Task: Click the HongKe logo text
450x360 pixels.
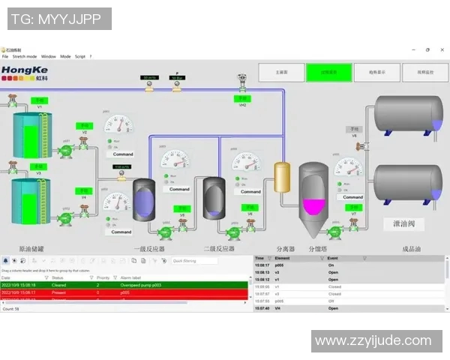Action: pos(19,70)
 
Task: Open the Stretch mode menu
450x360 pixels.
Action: pos(25,56)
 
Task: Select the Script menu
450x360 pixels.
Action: pos(79,56)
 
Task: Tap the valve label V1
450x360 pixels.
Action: pos(39,106)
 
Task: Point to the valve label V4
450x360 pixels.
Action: pos(84,199)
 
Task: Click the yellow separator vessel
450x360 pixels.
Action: pos(282,178)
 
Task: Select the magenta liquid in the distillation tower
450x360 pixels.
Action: pos(313,205)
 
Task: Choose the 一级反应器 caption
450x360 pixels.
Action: pos(148,248)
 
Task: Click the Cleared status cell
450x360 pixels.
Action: pos(59,285)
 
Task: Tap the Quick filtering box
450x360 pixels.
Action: pos(196,261)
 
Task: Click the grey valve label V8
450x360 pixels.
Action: pos(354,135)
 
